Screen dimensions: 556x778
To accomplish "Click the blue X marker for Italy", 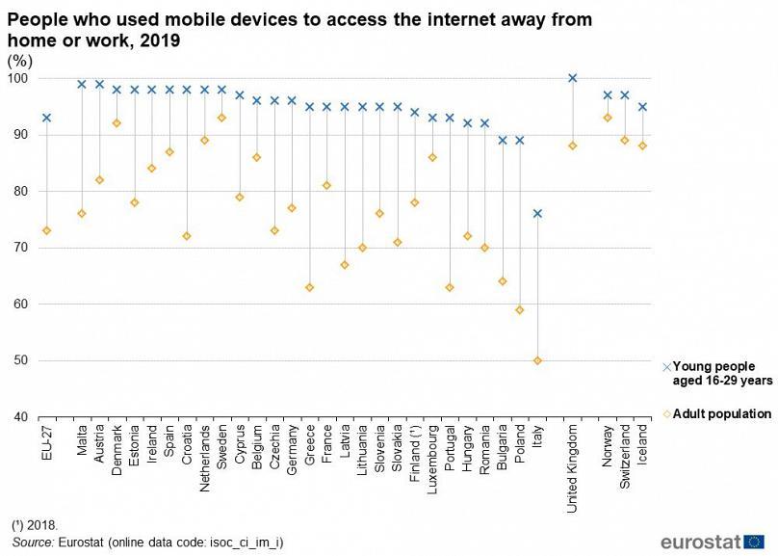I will tap(537, 214).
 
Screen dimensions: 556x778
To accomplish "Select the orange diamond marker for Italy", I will tap(537, 360).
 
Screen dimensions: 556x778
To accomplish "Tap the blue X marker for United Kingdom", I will tap(573, 78).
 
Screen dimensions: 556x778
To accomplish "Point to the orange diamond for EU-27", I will tap(46, 230).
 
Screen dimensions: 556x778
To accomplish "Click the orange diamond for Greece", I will tap(309, 287).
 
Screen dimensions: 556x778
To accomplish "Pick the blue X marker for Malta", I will tap(82, 84).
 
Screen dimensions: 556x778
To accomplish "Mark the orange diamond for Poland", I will tap(520, 309).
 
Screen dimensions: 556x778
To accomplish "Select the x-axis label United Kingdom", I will tap(573, 464).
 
